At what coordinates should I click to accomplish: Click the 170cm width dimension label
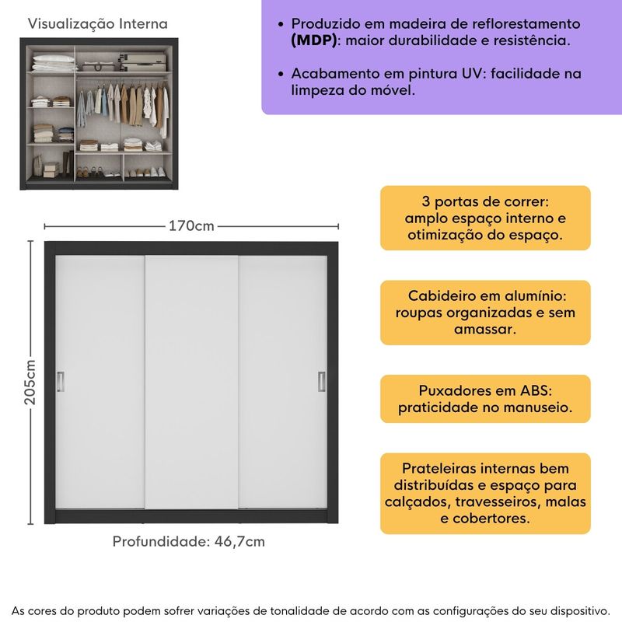click(x=191, y=226)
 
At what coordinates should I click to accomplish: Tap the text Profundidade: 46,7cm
click(x=189, y=541)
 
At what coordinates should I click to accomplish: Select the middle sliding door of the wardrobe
click(x=191, y=381)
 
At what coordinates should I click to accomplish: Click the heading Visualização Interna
click(x=97, y=24)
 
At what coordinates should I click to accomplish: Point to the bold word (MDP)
click(x=315, y=40)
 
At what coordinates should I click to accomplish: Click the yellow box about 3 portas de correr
click(x=485, y=218)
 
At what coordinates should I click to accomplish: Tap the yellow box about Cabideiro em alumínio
click(x=485, y=313)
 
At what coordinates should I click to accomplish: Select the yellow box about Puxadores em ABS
click(x=485, y=398)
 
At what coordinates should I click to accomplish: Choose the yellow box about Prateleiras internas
click(x=485, y=493)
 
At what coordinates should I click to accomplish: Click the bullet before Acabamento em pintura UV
click(x=278, y=74)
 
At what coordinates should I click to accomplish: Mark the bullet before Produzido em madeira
click(x=278, y=24)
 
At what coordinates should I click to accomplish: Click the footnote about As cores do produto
click(x=311, y=607)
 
